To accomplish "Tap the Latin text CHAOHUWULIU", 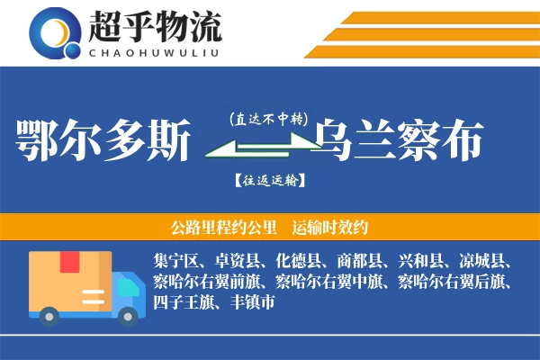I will pyautogui.click(x=155, y=52).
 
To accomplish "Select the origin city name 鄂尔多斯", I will pyautogui.click(x=105, y=140).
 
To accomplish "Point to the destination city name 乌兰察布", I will pyautogui.click(x=397, y=140).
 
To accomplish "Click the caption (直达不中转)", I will pyautogui.click(x=268, y=118).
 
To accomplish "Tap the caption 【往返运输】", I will pyautogui.click(x=268, y=180).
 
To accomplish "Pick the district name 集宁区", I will pyautogui.click(x=176, y=262).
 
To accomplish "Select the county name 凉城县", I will pyautogui.click(x=482, y=262).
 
